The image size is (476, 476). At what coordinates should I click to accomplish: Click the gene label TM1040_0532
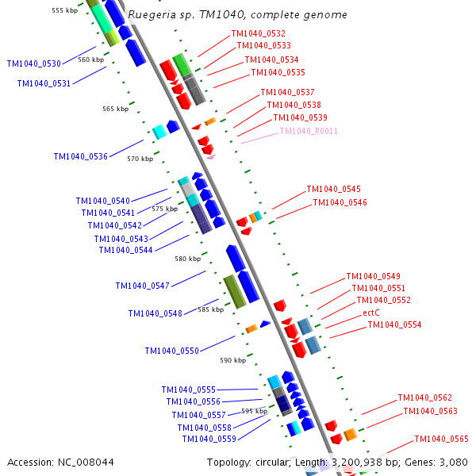[x=258, y=33]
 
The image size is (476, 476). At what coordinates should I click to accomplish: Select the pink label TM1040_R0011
[x=309, y=131]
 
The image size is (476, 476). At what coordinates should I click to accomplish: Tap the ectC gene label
[x=371, y=313]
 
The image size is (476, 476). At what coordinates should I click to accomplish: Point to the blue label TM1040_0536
[x=80, y=156]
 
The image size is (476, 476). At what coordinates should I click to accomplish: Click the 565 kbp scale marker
[x=115, y=109]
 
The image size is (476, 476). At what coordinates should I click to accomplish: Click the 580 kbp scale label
[x=188, y=259]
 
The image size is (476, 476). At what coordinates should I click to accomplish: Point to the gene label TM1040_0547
[x=142, y=286]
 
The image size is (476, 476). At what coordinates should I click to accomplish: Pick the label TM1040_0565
[x=441, y=439]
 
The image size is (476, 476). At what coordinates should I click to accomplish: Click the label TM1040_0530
[x=33, y=63]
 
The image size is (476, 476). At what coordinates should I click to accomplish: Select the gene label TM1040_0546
[x=340, y=202]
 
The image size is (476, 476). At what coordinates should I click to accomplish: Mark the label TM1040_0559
[x=209, y=439]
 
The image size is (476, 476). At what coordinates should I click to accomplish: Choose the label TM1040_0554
[x=394, y=324]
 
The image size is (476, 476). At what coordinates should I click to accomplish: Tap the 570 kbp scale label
[x=140, y=159]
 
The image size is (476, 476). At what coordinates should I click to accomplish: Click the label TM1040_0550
[x=171, y=351]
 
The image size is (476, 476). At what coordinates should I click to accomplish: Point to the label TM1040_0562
[x=424, y=397]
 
